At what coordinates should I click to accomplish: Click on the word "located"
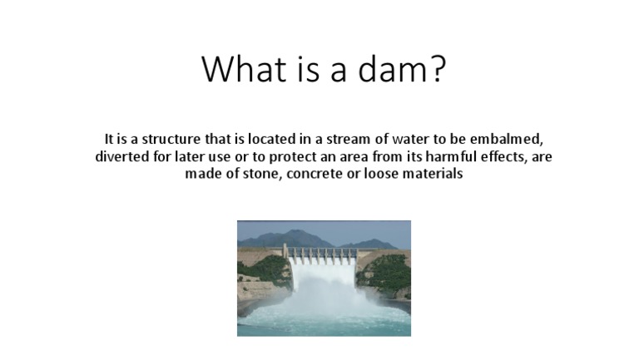point(270,138)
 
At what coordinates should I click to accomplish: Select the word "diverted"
point(123,156)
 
